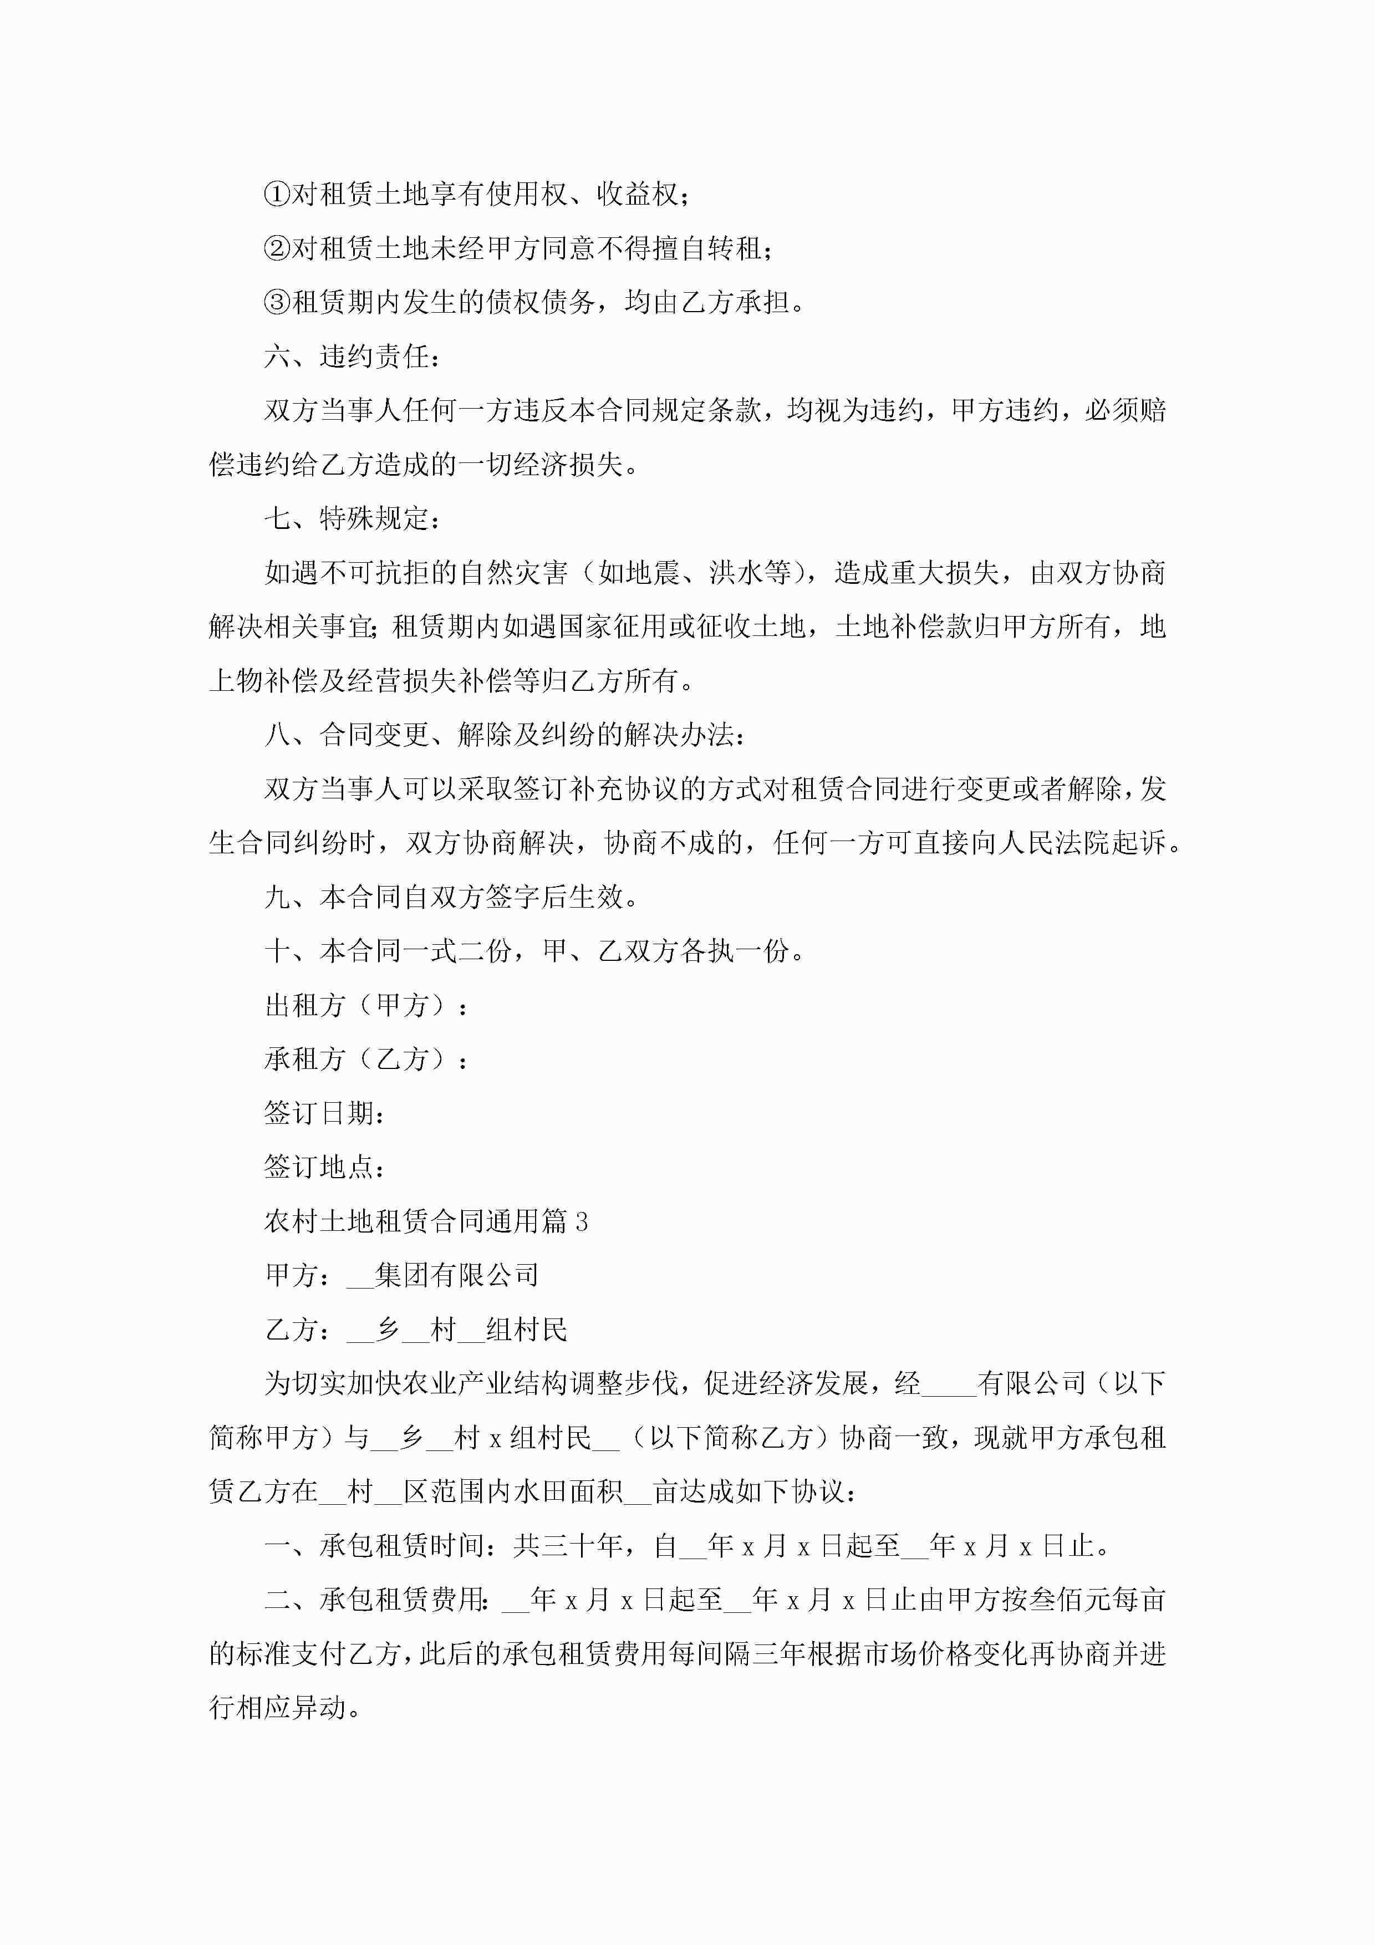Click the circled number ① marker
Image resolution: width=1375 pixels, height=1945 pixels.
click(x=277, y=195)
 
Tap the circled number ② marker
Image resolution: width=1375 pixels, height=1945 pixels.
click(x=277, y=249)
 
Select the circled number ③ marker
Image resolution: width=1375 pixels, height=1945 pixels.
click(x=277, y=302)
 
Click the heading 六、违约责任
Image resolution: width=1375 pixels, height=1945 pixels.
click(x=352, y=357)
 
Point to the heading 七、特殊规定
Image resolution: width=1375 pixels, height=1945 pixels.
click(x=352, y=518)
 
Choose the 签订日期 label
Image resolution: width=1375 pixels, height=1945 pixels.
click(x=324, y=1113)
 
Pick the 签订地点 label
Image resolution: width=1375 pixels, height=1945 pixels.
click(x=324, y=1167)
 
